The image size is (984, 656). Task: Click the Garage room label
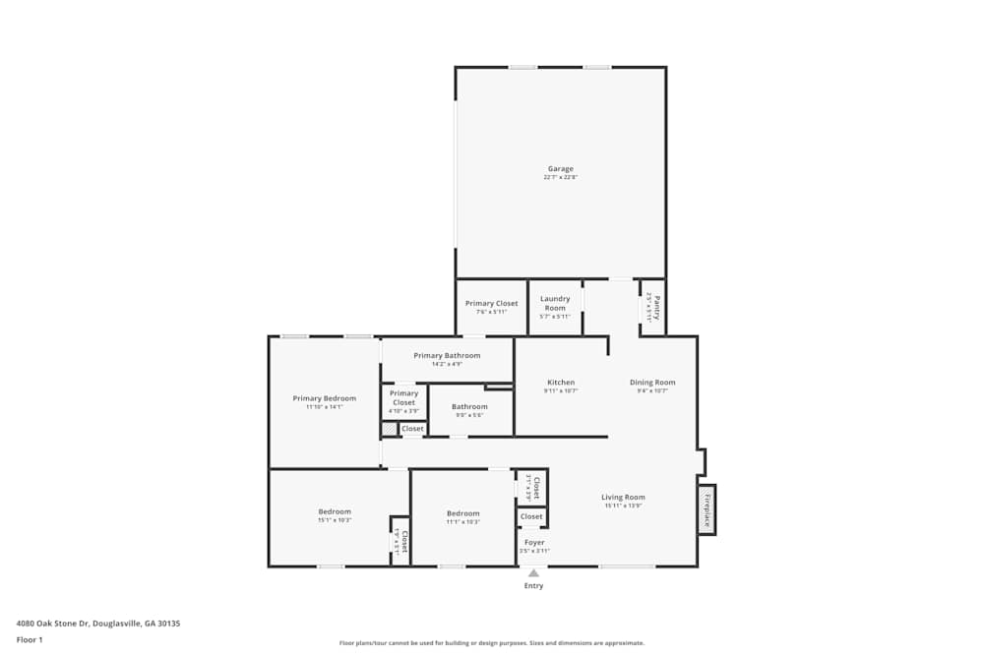560,169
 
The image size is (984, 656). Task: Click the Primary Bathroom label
447,355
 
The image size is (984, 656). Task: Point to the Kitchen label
561,383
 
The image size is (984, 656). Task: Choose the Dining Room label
652,383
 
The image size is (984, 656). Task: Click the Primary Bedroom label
324,398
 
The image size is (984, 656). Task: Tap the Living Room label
623,498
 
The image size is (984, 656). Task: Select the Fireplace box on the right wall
706,509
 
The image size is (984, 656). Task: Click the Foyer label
534,543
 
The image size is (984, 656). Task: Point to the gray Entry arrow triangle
533,572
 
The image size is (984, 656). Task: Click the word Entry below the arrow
533,586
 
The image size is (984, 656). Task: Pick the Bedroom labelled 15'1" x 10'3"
335,512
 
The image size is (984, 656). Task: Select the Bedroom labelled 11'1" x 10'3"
462,513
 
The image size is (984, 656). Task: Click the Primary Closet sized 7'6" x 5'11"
491,304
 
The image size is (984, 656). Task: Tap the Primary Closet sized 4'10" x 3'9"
403,397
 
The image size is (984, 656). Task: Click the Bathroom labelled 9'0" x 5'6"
469,407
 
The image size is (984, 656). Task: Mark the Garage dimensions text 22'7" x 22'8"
560,178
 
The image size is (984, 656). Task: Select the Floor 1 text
30,639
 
